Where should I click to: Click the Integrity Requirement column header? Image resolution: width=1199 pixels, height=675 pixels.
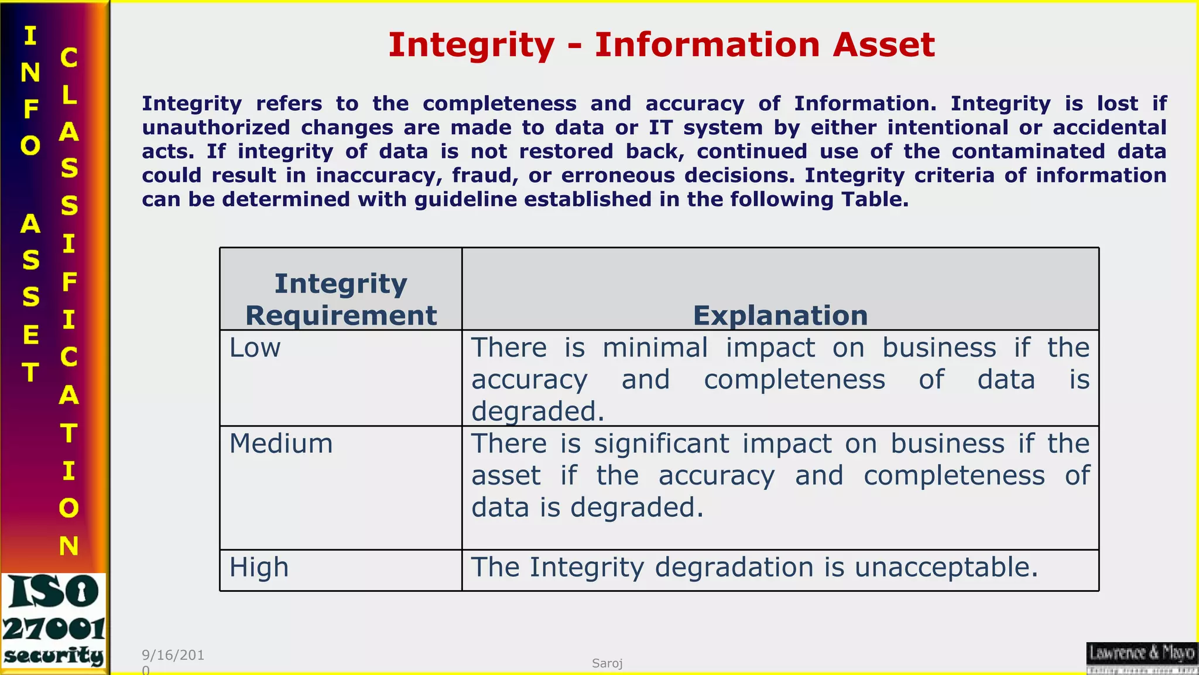point(341,299)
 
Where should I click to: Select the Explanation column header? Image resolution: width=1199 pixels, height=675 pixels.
point(780,315)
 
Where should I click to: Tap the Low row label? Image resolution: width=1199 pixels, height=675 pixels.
point(255,347)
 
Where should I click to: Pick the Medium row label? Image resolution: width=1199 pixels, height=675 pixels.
point(281,444)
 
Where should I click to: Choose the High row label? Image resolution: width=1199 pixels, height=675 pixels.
point(259,567)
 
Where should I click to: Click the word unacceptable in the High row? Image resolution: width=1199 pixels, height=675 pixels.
point(946,567)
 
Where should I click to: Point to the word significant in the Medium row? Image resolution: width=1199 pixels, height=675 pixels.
point(662,444)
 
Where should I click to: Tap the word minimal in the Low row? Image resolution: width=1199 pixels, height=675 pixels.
point(655,347)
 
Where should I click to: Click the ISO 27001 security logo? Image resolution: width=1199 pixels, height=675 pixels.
point(54,621)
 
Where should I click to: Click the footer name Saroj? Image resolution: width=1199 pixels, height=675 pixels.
point(607,663)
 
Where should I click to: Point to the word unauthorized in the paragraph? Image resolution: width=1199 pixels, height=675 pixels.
point(215,128)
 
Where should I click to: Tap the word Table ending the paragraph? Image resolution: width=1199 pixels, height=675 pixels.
point(875,199)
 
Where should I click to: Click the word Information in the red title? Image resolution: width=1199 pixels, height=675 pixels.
point(707,45)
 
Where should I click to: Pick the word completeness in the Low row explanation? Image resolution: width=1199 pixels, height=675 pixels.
point(794,380)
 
